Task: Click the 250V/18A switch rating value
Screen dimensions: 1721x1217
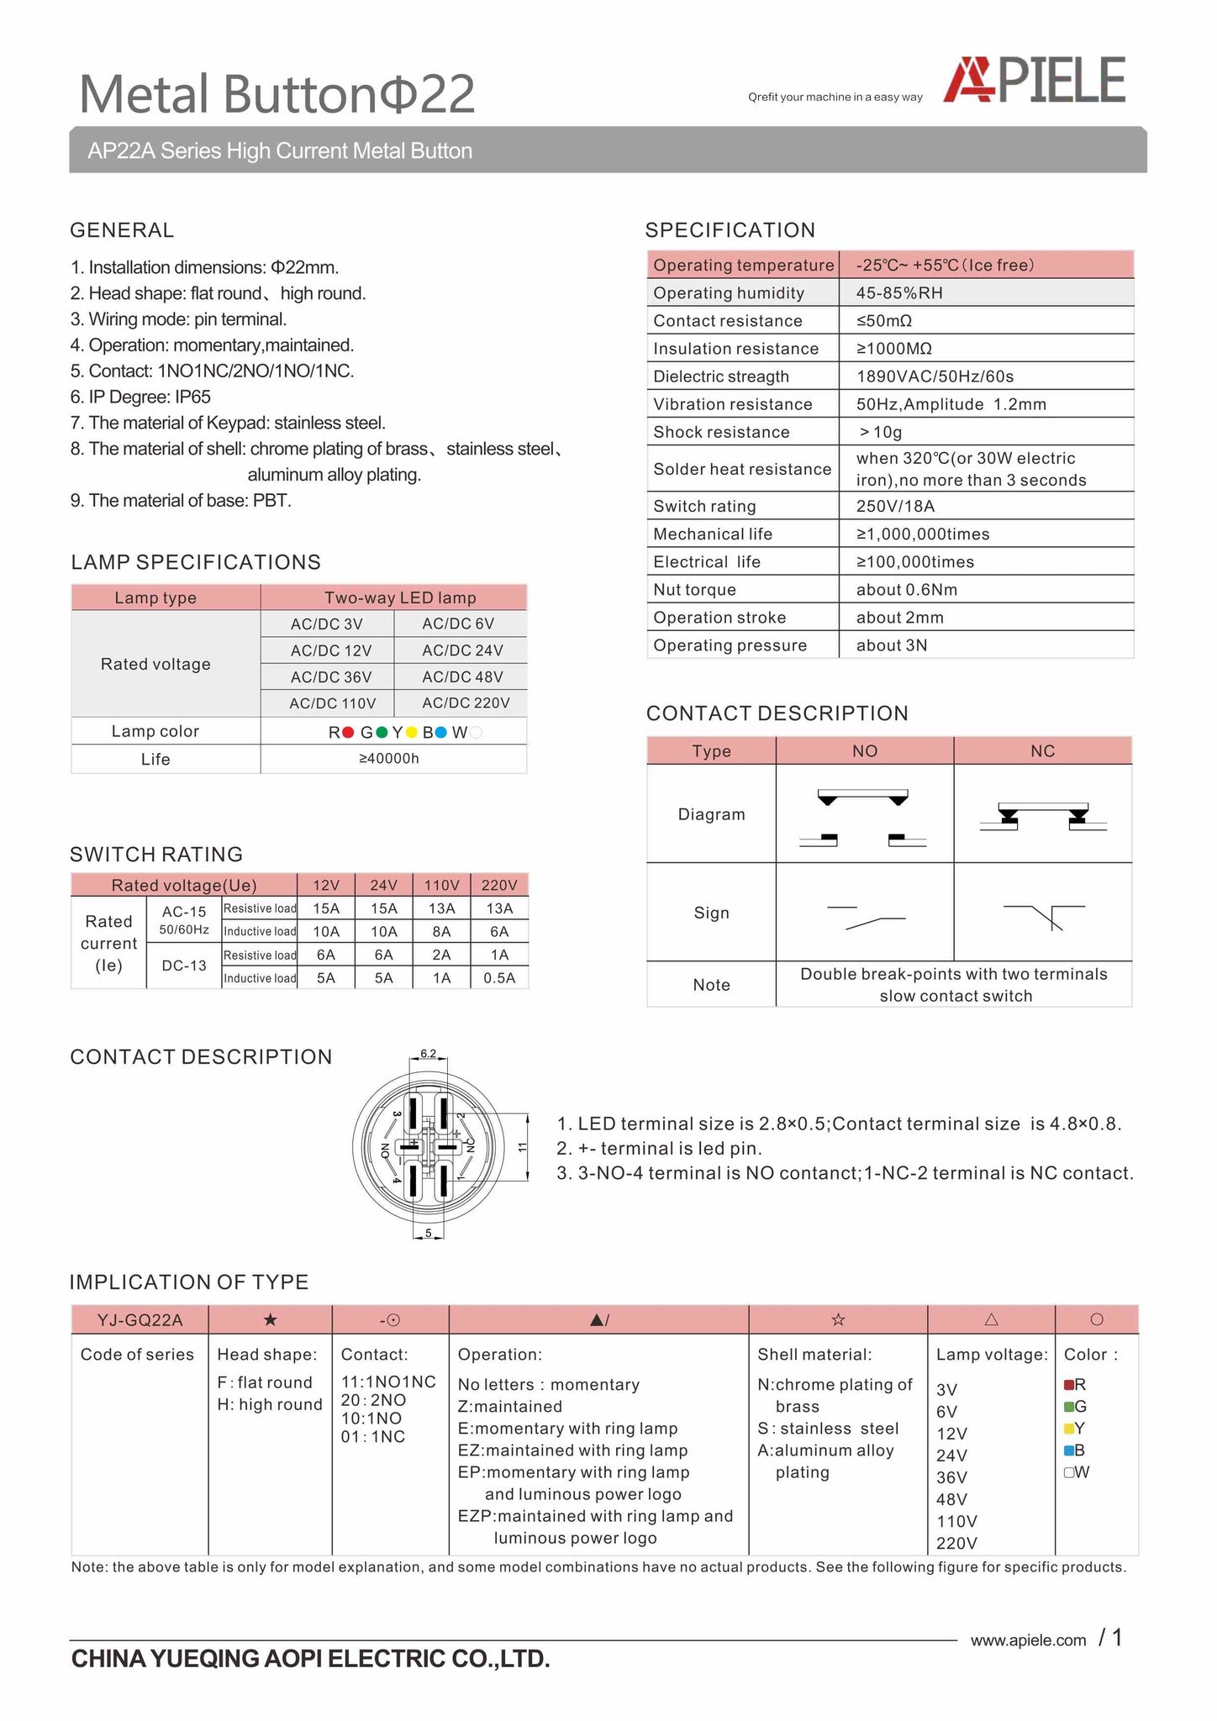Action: (x=895, y=506)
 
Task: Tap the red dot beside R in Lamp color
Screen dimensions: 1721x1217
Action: (x=348, y=733)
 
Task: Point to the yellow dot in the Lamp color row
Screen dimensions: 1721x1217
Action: (x=412, y=733)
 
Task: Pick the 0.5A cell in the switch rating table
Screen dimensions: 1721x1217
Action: (x=499, y=978)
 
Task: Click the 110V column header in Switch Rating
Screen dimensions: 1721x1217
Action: (x=441, y=885)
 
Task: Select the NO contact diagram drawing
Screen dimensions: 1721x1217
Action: (x=863, y=816)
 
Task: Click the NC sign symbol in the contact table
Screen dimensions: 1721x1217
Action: (x=1044, y=915)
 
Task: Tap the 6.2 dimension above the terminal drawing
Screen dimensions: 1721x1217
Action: (x=428, y=1054)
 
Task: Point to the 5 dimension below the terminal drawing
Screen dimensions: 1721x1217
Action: (x=429, y=1234)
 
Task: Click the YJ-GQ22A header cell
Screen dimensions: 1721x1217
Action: (x=140, y=1320)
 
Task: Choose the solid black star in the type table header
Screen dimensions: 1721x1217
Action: (x=270, y=1320)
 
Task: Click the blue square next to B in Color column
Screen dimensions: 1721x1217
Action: (x=1069, y=1450)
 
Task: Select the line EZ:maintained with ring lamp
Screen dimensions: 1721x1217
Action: (x=572, y=1450)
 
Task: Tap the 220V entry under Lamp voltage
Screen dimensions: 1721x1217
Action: (x=956, y=1544)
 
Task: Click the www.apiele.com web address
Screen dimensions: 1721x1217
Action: (x=1028, y=1640)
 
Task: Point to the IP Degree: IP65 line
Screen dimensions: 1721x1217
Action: (x=140, y=397)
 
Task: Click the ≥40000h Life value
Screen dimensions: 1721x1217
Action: (x=389, y=759)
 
